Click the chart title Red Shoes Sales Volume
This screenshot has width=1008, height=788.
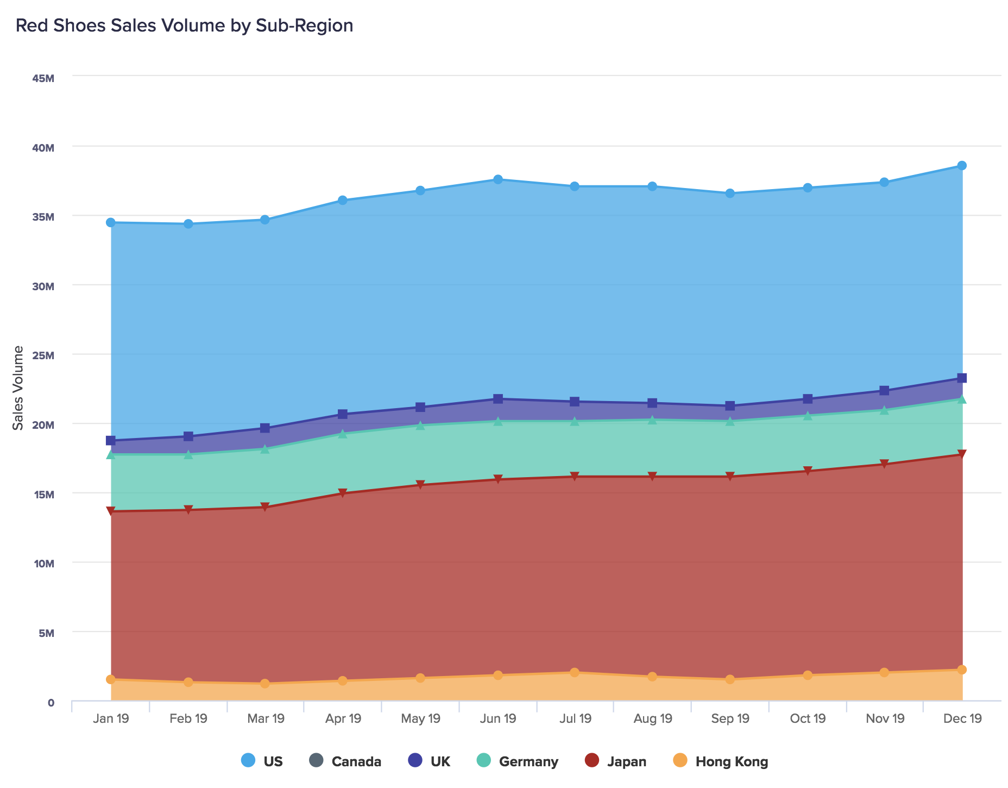[184, 26]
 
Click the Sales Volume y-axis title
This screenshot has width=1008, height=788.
[18, 388]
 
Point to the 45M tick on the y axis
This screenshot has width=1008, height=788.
[43, 79]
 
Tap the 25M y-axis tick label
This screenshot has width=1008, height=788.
[43, 356]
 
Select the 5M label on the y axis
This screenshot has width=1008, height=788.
[46, 633]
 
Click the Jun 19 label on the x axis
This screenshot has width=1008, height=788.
[498, 719]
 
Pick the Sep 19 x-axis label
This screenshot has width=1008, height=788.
[730, 719]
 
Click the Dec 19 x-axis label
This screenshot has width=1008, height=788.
[962, 719]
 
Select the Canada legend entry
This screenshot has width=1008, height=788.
[345, 761]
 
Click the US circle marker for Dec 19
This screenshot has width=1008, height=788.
[962, 166]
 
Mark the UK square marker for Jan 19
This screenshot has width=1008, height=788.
[111, 440]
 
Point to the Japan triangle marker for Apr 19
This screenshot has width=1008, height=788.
[343, 493]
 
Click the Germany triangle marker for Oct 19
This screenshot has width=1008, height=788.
[808, 416]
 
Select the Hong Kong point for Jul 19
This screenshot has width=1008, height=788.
[575, 673]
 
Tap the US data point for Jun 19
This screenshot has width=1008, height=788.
[498, 179]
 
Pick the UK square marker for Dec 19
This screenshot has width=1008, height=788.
[962, 378]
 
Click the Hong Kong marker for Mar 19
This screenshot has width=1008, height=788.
[265, 684]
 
